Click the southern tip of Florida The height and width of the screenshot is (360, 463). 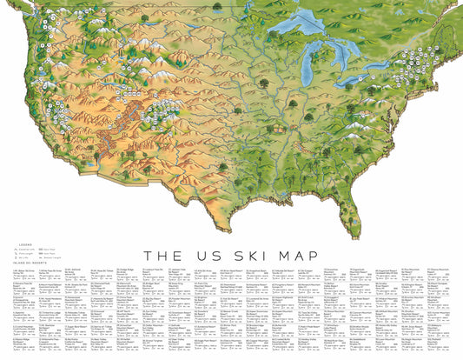[x=356, y=237]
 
